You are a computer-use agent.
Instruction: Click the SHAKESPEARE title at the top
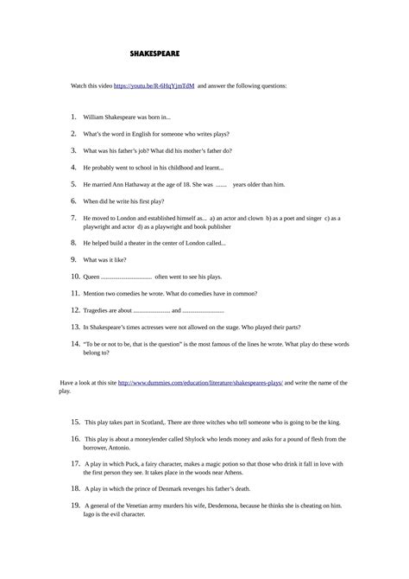(148, 54)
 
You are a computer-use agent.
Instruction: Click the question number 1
(74, 116)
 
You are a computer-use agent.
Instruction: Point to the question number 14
(75, 344)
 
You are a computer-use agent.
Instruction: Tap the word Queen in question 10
(91, 277)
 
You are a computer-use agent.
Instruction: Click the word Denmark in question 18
(186, 488)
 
